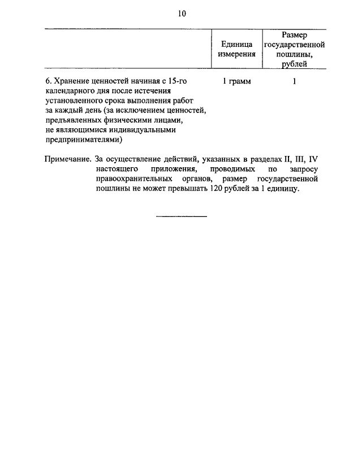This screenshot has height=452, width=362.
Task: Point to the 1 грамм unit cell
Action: pyautogui.click(x=236, y=81)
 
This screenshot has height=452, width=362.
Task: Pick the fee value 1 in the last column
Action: pyautogui.click(x=294, y=81)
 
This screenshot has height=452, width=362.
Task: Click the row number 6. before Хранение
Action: pyautogui.click(x=48, y=81)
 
